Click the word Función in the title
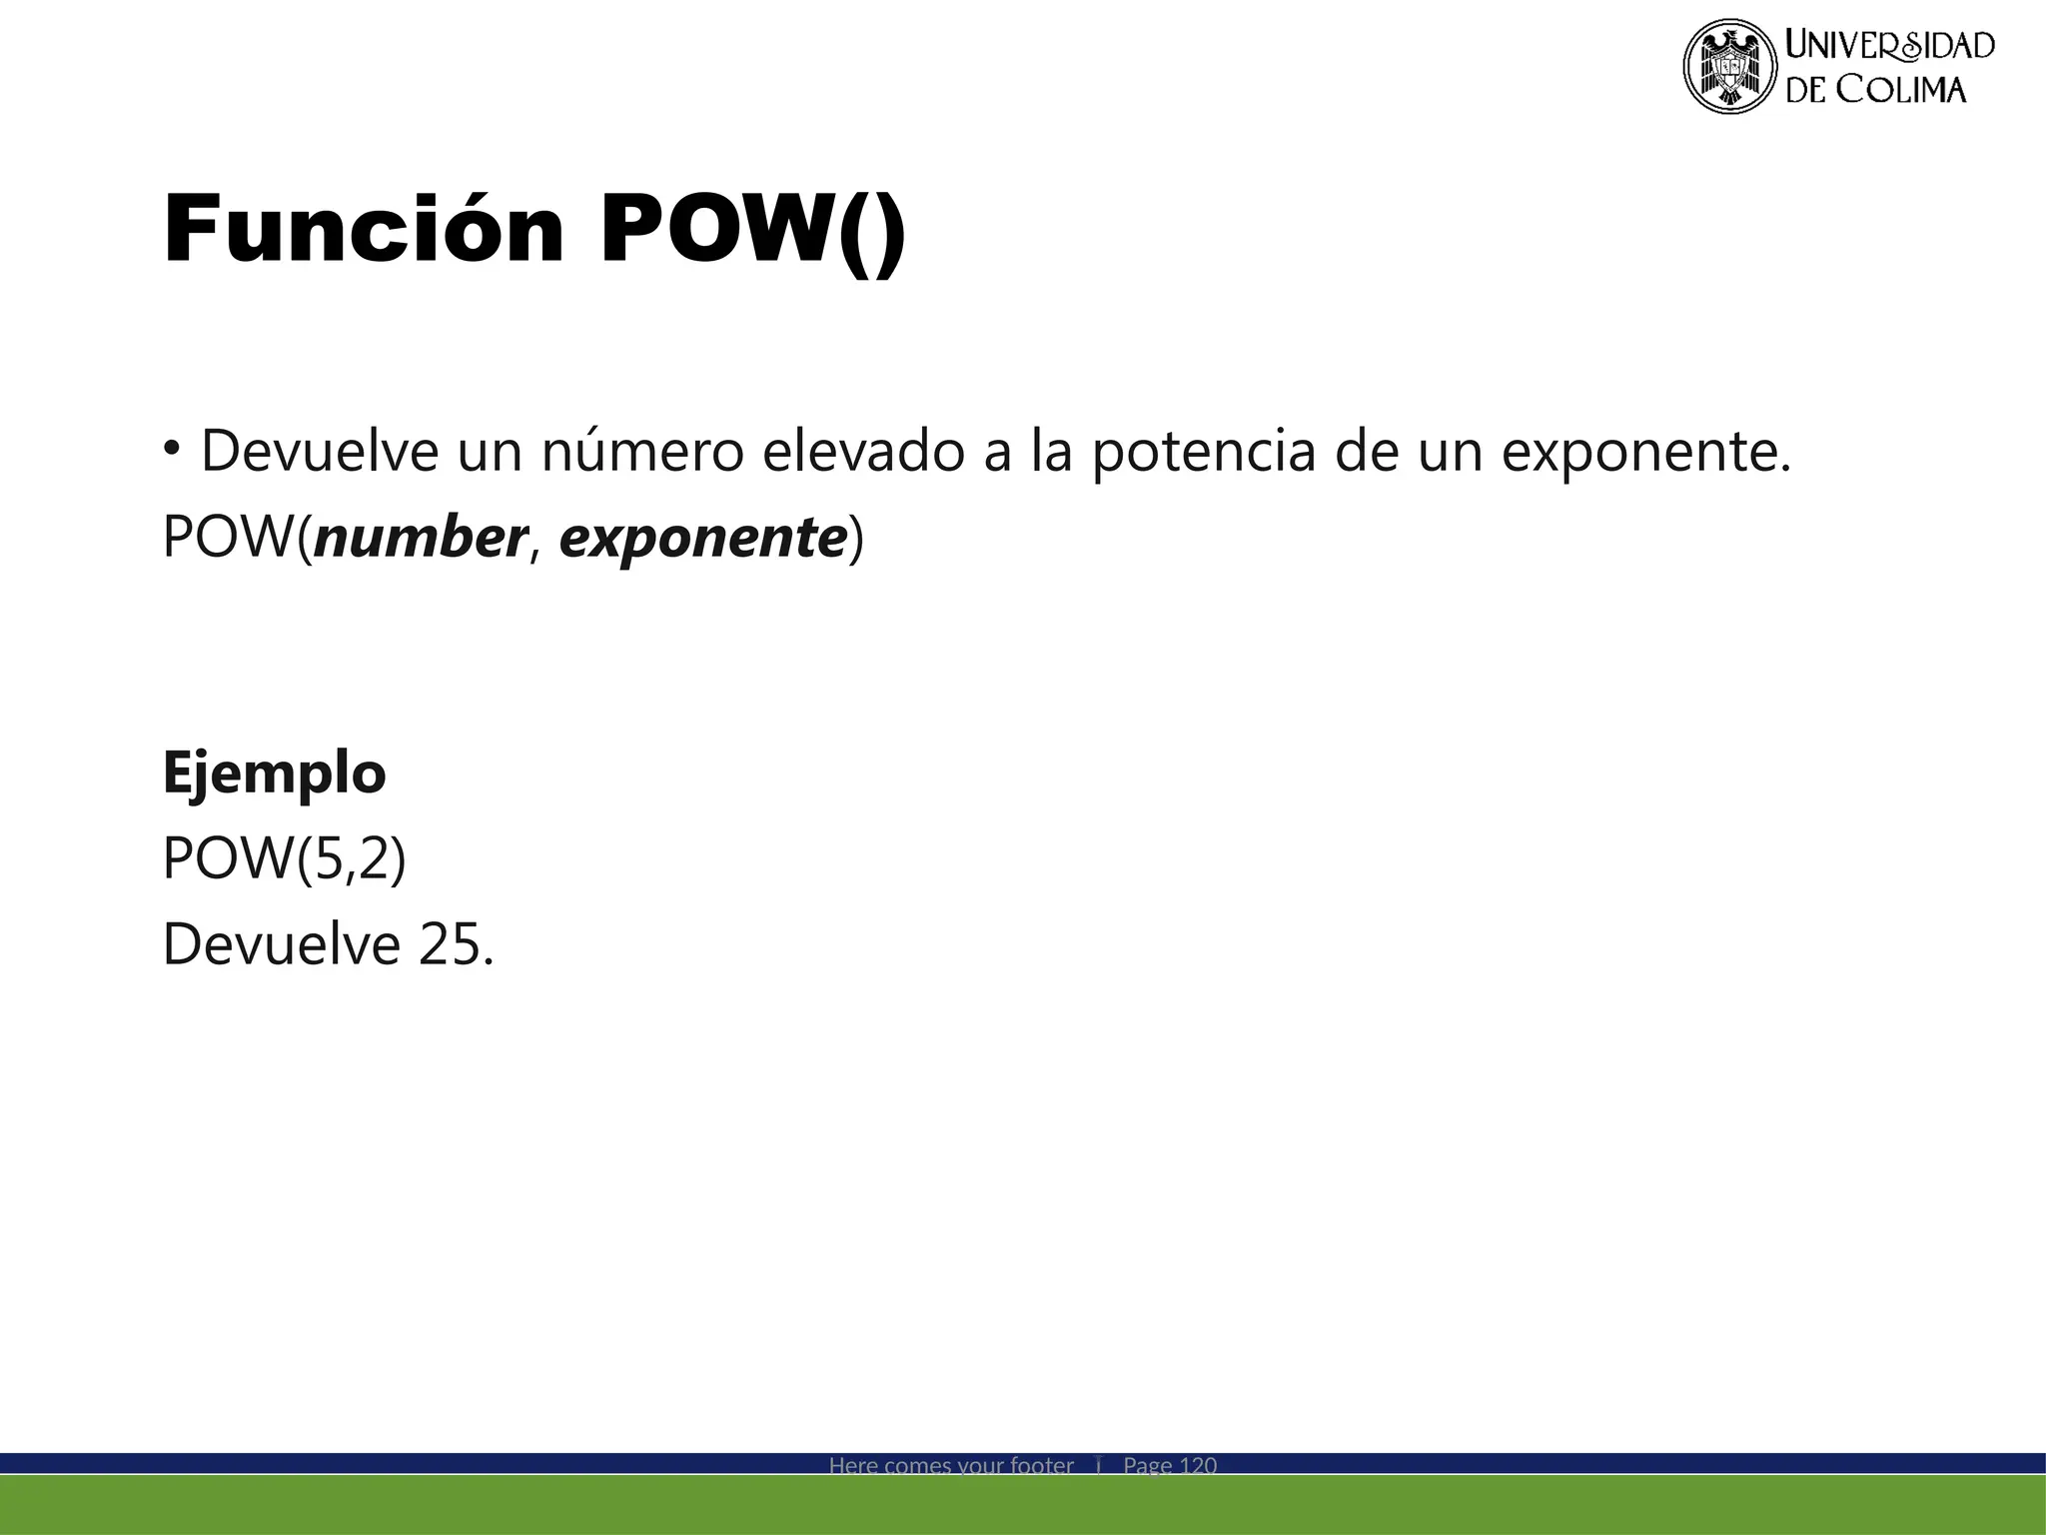click(364, 230)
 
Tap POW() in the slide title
click(753, 232)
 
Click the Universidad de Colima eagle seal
click(1730, 66)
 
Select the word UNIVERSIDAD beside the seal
click(1889, 45)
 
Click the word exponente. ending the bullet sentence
click(1647, 453)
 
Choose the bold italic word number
click(420, 537)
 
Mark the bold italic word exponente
click(703, 539)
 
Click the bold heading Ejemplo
click(274, 772)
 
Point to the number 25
click(450, 943)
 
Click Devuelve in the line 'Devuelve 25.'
click(281, 943)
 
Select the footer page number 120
click(1198, 1465)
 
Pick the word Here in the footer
click(853, 1465)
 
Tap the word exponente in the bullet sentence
click(1647, 453)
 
